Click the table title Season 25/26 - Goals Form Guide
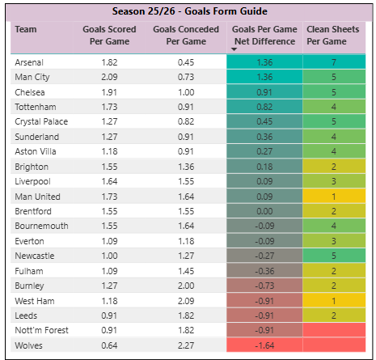tap(188, 11)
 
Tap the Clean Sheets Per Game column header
tap(334, 34)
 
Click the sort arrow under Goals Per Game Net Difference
tap(234, 49)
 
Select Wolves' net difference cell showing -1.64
tap(265, 345)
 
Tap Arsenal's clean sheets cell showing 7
tap(334, 62)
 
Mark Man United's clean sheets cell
tap(334, 196)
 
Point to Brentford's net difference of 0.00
tap(265, 210)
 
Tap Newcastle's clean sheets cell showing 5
tap(334, 255)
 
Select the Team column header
tap(26, 29)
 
